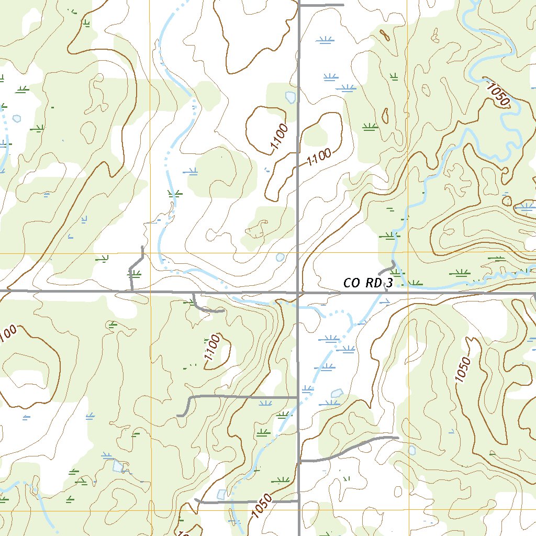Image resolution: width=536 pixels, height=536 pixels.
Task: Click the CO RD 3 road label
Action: (x=368, y=283)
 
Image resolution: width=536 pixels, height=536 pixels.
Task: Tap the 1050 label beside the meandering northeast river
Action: (x=497, y=94)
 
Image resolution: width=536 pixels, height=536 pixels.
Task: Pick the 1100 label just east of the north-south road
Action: (x=319, y=157)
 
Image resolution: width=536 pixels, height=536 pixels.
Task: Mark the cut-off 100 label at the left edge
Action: (x=8, y=334)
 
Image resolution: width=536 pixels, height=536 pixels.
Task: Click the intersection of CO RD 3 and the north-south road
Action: (x=298, y=292)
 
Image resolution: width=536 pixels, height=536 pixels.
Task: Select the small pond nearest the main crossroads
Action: (x=280, y=257)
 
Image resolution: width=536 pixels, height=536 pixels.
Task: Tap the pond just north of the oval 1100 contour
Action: (x=290, y=97)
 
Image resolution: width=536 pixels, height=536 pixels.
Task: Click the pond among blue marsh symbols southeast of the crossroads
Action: (x=337, y=393)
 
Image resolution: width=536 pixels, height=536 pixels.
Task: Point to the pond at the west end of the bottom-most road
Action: (x=222, y=494)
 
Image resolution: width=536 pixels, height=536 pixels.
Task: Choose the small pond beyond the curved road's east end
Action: (x=412, y=450)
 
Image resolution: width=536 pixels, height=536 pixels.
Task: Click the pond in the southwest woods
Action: (x=119, y=466)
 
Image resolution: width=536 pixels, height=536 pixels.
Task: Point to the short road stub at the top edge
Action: (x=320, y=5)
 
